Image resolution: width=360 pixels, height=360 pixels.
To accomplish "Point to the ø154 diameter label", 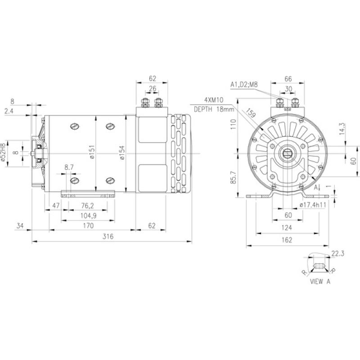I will pyautogui.click(x=121, y=153).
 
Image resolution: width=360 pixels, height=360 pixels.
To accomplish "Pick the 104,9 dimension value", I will pyautogui.click(x=85, y=216).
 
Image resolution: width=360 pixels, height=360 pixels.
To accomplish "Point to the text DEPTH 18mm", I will pyautogui.click(x=214, y=109).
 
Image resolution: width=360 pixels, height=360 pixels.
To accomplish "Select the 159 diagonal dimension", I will pyautogui.click(x=251, y=116).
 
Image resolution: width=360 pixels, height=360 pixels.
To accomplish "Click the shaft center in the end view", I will pyautogui.click(x=287, y=154).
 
